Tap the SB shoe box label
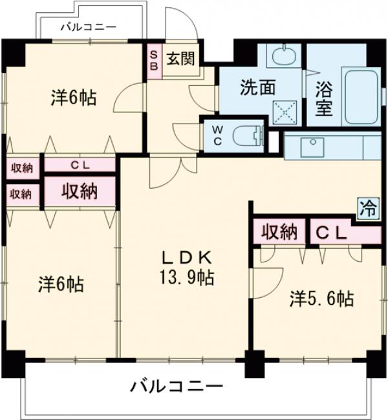[153, 60]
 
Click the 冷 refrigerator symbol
[367, 208]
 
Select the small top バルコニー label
[88, 27]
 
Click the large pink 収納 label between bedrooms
[80, 191]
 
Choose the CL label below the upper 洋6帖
[80, 165]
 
